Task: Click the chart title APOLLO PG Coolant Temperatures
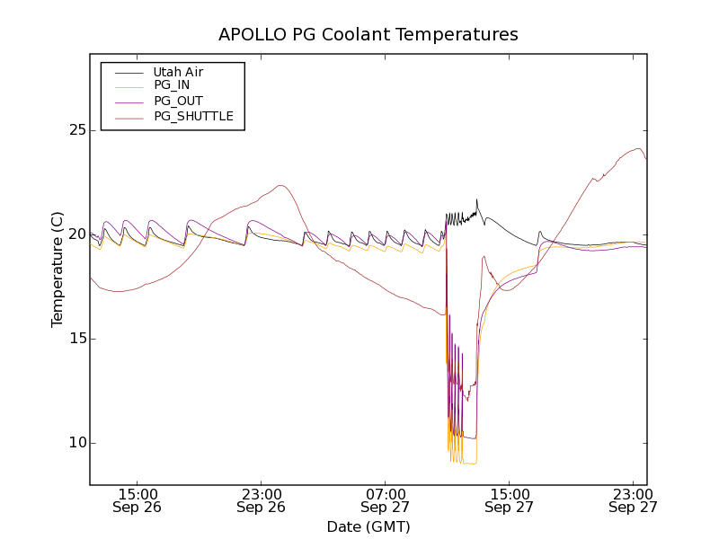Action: point(368,35)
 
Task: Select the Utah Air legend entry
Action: point(178,71)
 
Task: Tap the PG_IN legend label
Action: point(172,85)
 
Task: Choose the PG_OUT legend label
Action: point(178,101)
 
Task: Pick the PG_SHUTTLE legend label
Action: point(193,116)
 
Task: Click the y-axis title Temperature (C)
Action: point(57,269)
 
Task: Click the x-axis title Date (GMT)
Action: point(368,526)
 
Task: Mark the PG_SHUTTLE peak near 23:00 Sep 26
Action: point(281,186)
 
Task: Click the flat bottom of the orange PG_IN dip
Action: point(469,464)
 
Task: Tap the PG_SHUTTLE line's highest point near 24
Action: point(639,149)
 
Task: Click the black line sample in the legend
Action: point(126,71)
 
